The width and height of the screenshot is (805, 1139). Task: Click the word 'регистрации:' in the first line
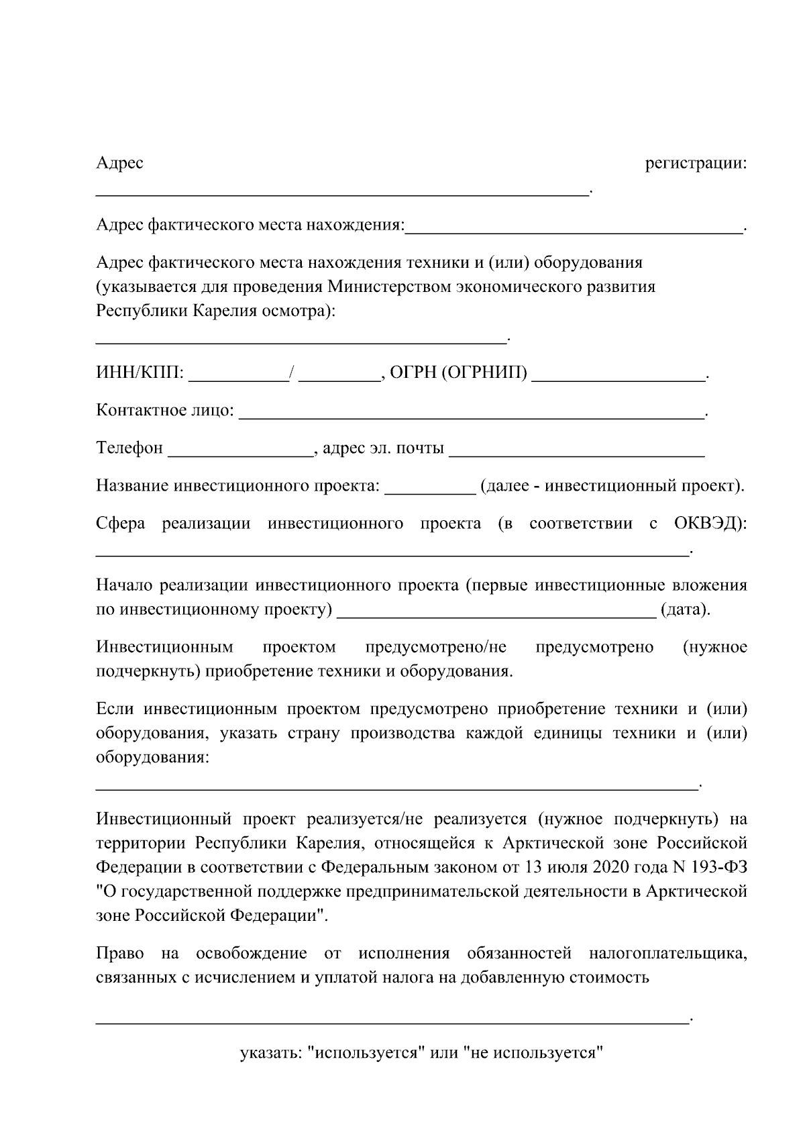pyautogui.click(x=695, y=164)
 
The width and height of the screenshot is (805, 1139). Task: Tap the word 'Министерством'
pyautogui.click(x=390, y=287)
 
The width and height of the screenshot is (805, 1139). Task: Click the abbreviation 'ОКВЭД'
pyautogui.click(x=706, y=524)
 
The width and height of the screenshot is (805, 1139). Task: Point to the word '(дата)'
pyautogui.click(x=684, y=610)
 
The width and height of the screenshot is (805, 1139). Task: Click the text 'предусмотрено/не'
pyautogui.click(x=436, y=648)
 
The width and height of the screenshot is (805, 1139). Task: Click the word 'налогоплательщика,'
pyautogui.click(x=667, y=954)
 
